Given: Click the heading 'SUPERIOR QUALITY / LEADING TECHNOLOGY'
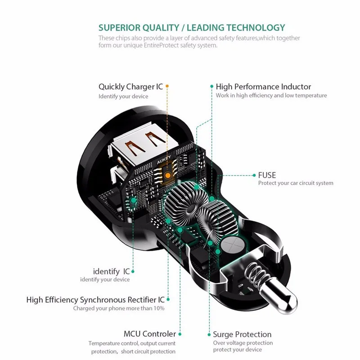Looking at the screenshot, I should (192, 27).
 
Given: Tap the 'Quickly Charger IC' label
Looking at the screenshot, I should (131, 86).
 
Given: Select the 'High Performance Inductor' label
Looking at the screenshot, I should (263, 86).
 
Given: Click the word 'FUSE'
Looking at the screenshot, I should (267, 175).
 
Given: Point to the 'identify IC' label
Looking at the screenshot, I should (111, 271).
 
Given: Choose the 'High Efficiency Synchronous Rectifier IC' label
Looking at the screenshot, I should (95, 299).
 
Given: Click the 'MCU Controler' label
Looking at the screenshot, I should (149, 334).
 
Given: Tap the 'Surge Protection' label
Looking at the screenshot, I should (242, 334).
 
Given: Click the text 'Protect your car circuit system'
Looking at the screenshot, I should (296, 183).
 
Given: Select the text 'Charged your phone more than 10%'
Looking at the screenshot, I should (119, 308).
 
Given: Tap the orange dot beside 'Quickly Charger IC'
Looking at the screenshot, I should (167, 86).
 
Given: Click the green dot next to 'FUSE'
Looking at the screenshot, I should (254, 175).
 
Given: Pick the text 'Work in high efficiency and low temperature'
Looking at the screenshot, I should (271, 95).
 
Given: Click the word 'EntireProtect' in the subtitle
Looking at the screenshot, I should (163, 45).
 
